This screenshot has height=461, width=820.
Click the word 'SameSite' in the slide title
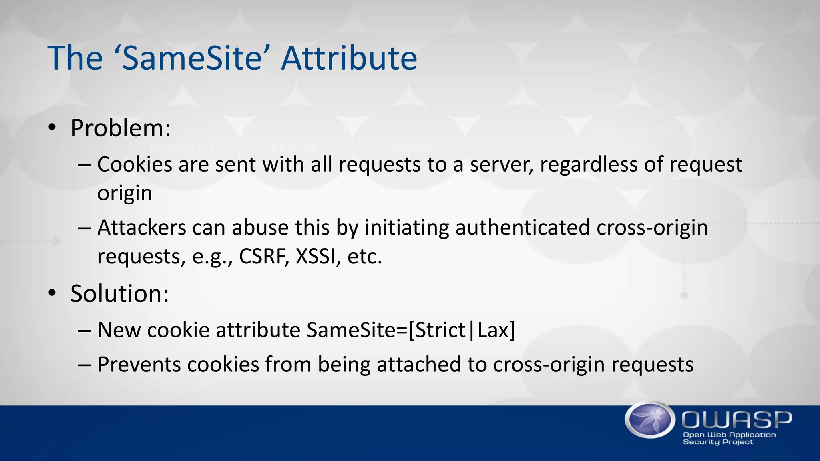pyautogui.click(x=192, y=58)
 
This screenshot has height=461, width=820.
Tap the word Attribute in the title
pyautogui.click(x=349, y=58)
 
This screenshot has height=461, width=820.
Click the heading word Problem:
pyautogui.click(x=121, y=129)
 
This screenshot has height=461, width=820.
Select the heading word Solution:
pyautogui.click(x=120, y=294)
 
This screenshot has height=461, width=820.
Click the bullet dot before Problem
pyautogui.click(x=52, y=128)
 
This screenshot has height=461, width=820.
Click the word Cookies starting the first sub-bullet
pyautogui.click(x=135, y=165)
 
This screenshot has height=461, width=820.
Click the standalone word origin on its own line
pyautogui.click(x=125, y=194)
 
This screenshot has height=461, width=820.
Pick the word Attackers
pyautogui.click(x=142, y=228)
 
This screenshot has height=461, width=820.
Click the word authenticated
pyautogui.click(x=523, y=228)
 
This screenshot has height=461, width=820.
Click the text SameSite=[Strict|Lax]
pyautogui.click(x=411, y=331)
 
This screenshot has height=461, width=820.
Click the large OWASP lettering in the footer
pyautogui.click(x=736, y=420)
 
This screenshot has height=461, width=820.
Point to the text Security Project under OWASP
pyautogui.click(x=717, y=442)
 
